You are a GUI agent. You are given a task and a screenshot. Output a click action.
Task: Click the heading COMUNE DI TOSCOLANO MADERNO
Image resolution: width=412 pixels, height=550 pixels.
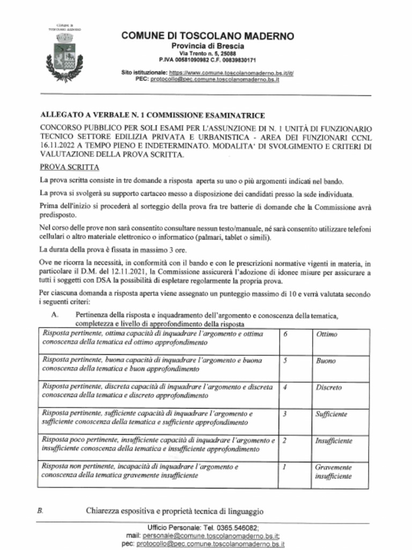(208, 36)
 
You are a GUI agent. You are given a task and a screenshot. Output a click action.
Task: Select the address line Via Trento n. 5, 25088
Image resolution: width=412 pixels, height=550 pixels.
(207, 54)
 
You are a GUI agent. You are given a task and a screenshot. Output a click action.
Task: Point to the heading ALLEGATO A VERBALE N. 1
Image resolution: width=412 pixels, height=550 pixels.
(152, 115)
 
